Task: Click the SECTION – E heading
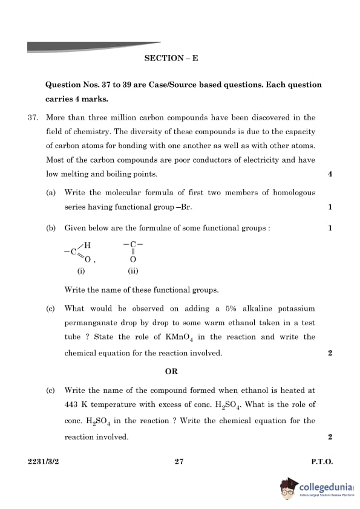pos(171,59)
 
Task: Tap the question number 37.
pos(33,117)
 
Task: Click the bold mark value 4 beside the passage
pos(330,174)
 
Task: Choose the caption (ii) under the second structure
pos(133,271)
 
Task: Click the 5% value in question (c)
pos(231,308)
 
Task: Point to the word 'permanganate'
pos(91,323)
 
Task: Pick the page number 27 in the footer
pos(178,461)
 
